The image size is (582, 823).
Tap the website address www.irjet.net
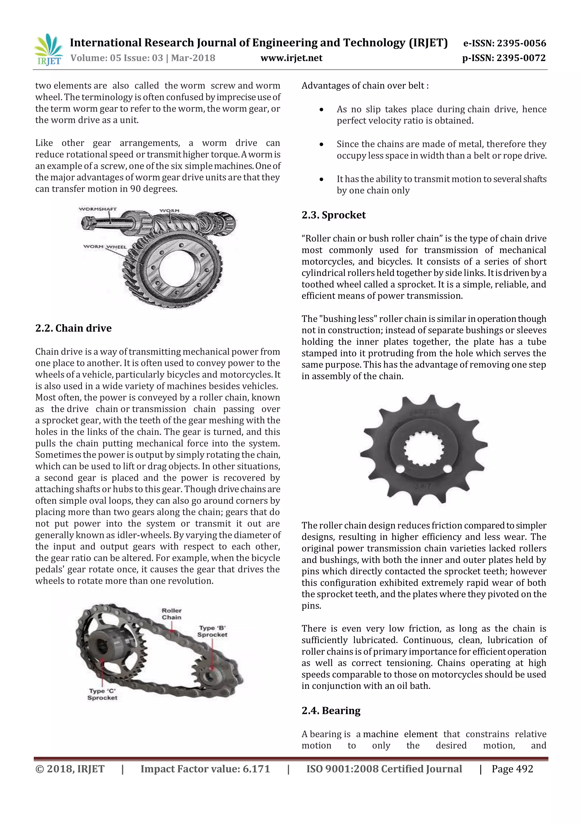[x=291, y=58]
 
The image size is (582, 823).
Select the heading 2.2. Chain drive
[x=74, y=328]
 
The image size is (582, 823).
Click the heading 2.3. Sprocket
[x=333, y=215]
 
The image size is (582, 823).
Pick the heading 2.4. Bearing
[x=331, y=710]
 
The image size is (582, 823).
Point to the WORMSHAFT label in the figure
[x=97, y=209]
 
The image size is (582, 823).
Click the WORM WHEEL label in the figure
[x=105, y=247]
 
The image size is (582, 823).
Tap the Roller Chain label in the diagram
[x=172, y=614]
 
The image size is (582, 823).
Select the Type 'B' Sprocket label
[x=212, y=631]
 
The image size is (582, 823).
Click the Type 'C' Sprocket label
[x=102, y=694]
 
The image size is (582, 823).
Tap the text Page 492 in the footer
[x=512, y=769]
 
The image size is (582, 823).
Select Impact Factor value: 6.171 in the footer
[x=205, y=769]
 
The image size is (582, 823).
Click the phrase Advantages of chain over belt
[x=365, y=86]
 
